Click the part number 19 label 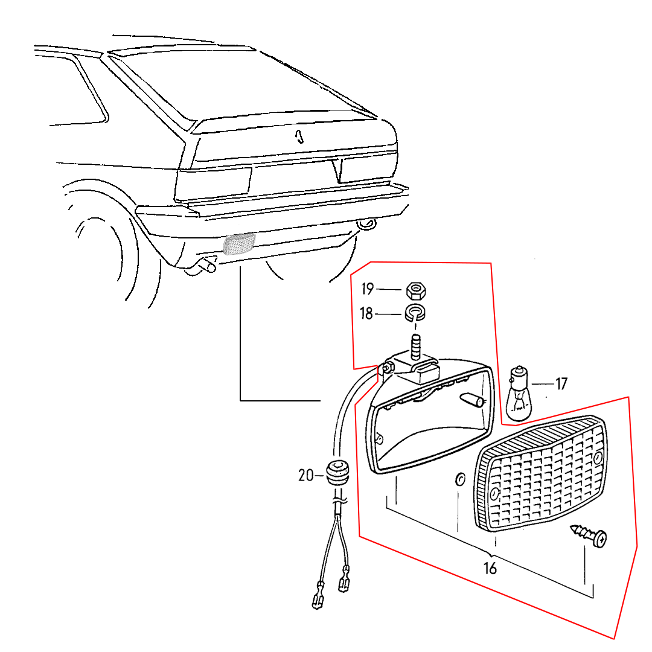click(368, 289)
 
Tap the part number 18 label click(366, 313)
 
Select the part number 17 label click(561, 383)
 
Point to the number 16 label click(490, 568)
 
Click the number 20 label click(306, 475)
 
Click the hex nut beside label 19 click(416, 290)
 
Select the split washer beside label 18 click(415, 313)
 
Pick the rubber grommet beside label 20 click(337, 473)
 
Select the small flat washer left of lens click(459, 479)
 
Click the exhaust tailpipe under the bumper click(202, 266)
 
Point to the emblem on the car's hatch click(299, 136)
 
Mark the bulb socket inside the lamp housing click(472, 399)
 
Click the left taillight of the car click(213, 184)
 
